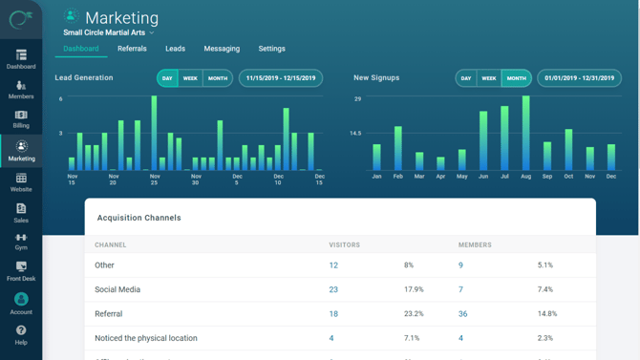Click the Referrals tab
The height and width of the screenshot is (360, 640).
pos(132,49)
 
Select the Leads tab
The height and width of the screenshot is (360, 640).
pos(175,49)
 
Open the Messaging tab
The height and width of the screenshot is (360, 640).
pos(222,49)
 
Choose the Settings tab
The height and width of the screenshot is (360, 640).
pos(271,49)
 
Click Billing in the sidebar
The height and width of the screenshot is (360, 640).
pos(21,118)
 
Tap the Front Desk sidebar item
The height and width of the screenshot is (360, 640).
pos(21,271)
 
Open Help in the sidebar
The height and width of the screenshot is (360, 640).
pos(21,334)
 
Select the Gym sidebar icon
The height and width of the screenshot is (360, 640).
pos(21,241)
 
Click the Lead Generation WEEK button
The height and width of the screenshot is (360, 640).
pos(190,78)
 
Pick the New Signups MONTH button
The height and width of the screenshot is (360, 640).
pos(517,78)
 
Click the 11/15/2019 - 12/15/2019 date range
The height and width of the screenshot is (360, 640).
pos(281,78)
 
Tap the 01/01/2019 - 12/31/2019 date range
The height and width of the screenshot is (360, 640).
pos(579,78)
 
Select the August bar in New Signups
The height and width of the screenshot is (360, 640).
pos(525,134)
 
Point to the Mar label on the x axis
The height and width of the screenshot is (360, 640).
pos(419,177)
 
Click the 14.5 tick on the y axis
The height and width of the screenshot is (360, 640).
pos(355,134)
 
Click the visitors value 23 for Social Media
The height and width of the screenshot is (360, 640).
pos(333,289)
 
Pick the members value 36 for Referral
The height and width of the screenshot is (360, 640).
pos(462,313)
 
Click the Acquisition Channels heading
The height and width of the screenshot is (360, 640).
pos(139,218)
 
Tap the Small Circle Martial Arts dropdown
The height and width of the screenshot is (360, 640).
pos(108,32)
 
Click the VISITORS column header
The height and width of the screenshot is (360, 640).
pos(344,244)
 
